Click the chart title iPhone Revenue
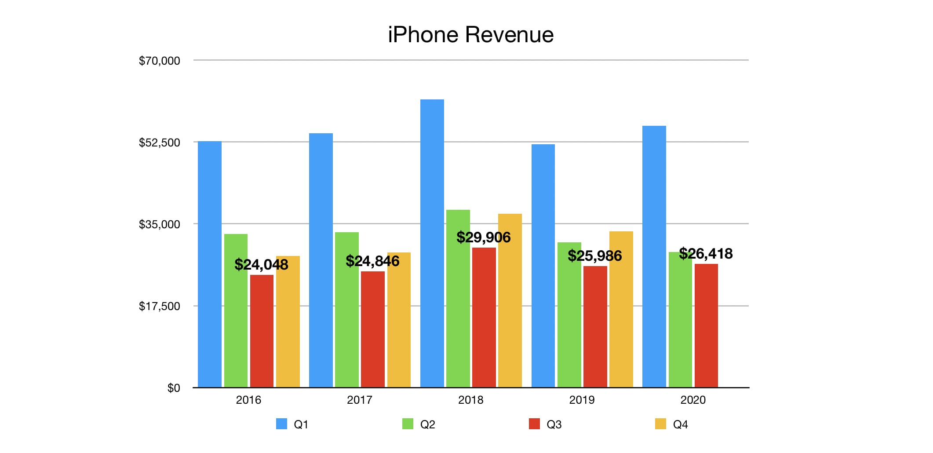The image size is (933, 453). click(x=470, y=35)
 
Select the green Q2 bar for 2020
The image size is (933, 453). click(x=680, y=325)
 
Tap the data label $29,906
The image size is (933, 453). click(x=483, y=237)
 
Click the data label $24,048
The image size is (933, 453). click(x=261, y=264)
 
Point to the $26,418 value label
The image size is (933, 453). click(x=706, y=254)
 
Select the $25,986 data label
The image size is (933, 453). click(x=594, y=256)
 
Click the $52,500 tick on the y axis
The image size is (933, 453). click(x=159, y=142)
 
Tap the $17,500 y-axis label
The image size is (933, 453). click(x=159, y=306)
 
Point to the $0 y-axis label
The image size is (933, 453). click(x=174, y=388)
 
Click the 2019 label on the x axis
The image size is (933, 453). click(x=581, y=400)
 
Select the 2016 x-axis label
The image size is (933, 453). click(x=248, y=400)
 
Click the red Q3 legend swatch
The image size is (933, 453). click(x=534, y=424)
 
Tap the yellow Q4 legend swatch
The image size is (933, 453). click(x=660, y=424)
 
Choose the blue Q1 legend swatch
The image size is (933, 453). click(x=281, y=424)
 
